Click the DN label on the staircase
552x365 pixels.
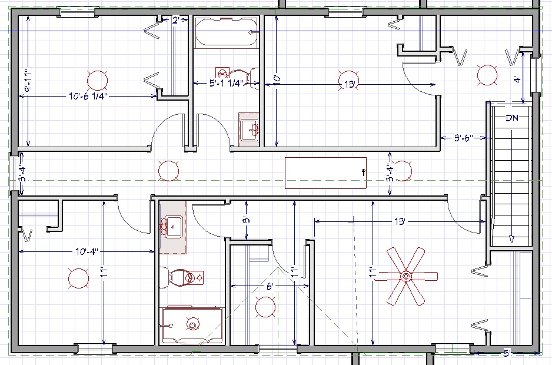click(512, 118)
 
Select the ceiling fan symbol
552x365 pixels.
click(405, 276)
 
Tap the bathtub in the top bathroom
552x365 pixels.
click(227, 32)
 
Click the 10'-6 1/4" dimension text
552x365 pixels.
click(88, 96)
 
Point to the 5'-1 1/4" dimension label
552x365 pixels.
click(227, 83)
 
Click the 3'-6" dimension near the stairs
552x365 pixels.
click(463, 138)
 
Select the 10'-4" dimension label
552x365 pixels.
click(87, 251)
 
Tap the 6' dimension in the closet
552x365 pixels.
click(270, 287)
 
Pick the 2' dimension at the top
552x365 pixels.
click(176, 21)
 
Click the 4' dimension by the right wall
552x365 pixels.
click(517, 79)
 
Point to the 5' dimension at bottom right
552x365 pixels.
click(507, 352)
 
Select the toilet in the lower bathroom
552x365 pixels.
click(181, 277)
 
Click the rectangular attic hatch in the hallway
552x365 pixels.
click(325, 173)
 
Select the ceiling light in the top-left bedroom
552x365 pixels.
click(97, 80)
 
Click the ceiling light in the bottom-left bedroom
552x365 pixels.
click(78, 278)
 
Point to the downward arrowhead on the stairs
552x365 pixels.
click(511, 239)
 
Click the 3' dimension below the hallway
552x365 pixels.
click(247, 220)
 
